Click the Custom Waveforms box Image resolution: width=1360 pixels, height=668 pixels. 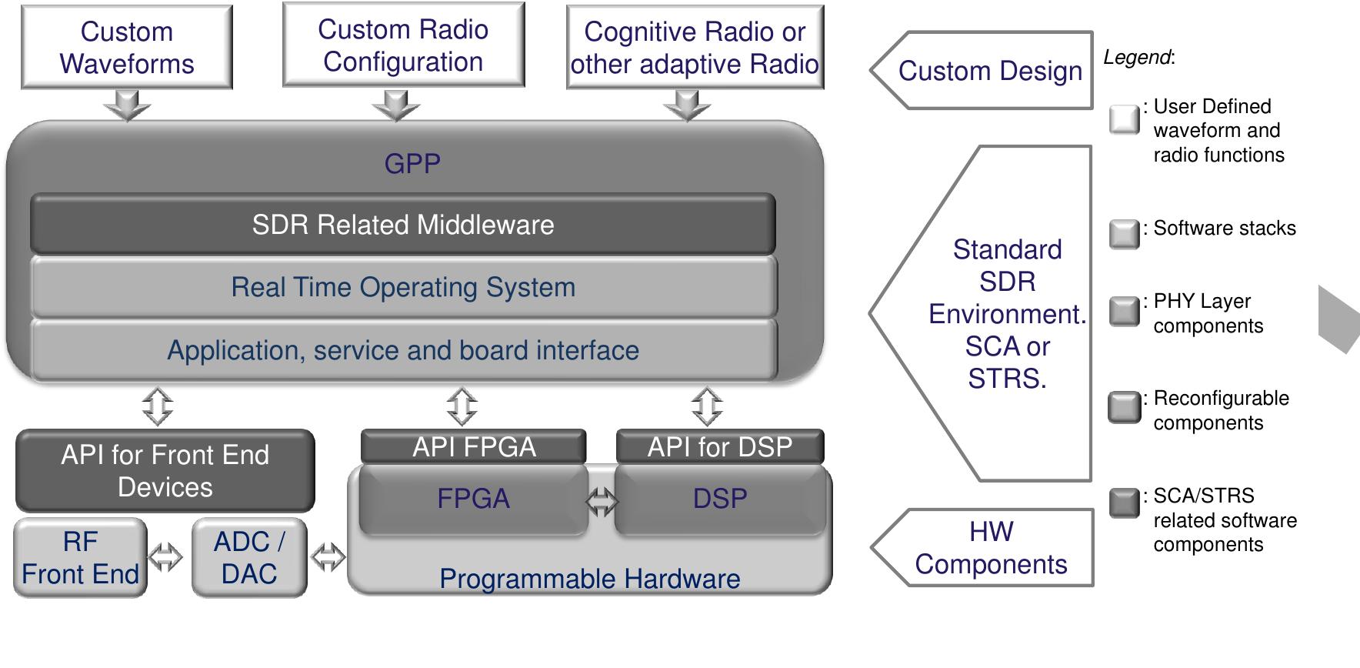coord(126,48)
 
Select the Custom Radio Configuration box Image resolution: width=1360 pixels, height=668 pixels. coord(403,45)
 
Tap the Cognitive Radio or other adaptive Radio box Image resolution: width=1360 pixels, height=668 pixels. coord(695,48)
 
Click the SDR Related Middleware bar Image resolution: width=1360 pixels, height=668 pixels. coord(402,225)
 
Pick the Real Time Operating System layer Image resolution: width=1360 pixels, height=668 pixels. coord(402,287)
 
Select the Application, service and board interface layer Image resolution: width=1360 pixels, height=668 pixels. coord(402,350)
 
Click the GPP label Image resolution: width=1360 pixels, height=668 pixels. coord(412,164)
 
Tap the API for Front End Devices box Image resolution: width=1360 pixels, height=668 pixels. coord(165,471)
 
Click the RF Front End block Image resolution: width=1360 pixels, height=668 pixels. coord(80,558)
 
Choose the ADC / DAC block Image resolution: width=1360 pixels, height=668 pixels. coord(248,558)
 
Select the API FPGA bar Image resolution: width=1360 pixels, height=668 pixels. coord(473,446)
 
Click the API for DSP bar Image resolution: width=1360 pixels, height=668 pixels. coord(719,446)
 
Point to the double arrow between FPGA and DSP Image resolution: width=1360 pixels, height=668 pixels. coord(602,502)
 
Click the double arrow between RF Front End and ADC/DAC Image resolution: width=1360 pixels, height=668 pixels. coord(165,557)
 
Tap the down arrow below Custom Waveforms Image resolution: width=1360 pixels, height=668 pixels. coord(127,105)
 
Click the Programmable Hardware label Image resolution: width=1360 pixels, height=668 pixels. coord(589,579)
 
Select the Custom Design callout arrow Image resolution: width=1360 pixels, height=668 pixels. coord(982,71)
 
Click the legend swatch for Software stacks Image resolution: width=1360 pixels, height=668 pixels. coord(1124,234)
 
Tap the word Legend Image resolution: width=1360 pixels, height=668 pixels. coord(1137,58)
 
